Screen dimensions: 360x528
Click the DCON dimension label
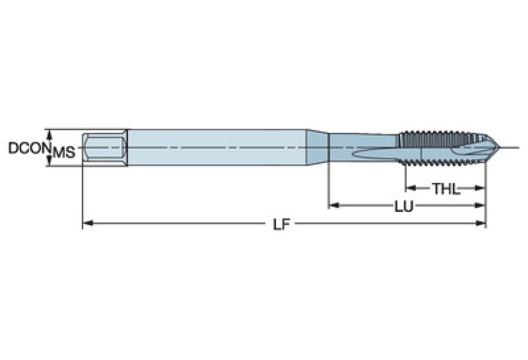26,148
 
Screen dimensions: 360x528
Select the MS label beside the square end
64,152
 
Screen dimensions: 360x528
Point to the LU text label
403,206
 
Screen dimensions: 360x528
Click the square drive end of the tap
104,147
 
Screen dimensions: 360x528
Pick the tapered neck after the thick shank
317,147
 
